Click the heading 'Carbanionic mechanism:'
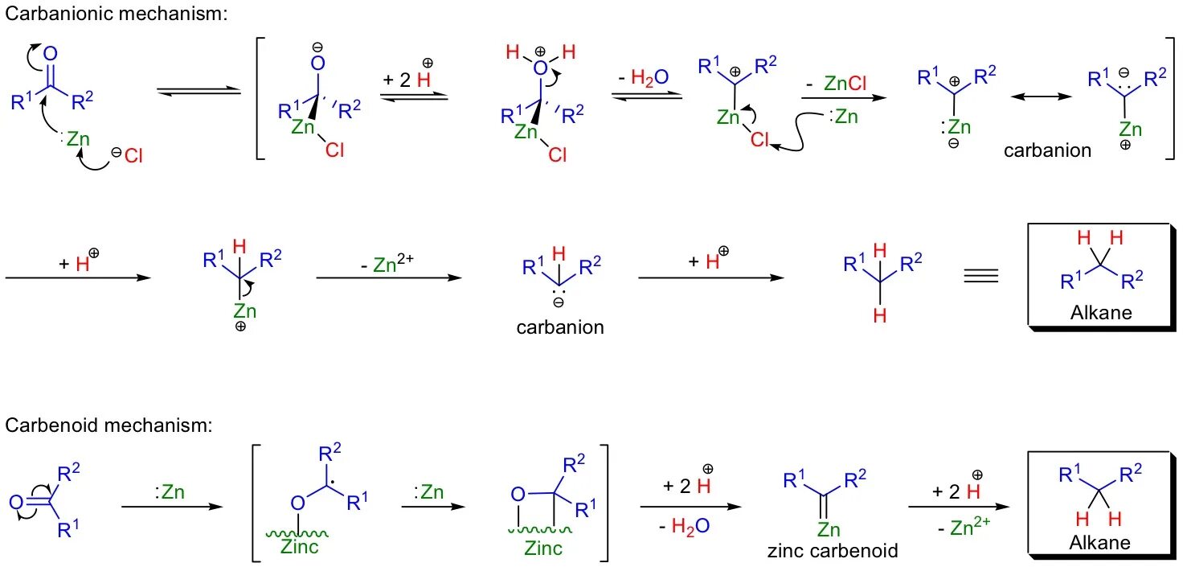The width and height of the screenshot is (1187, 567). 116,14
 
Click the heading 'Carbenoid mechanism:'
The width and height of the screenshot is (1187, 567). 108,425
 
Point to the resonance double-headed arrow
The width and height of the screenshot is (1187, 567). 1041,97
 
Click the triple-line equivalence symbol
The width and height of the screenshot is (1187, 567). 980,276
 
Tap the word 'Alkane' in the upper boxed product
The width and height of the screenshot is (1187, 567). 1100,312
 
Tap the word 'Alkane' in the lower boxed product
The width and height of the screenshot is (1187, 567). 1099,542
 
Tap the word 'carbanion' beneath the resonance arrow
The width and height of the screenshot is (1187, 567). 1047,150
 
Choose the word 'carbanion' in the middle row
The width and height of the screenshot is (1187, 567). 560,327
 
